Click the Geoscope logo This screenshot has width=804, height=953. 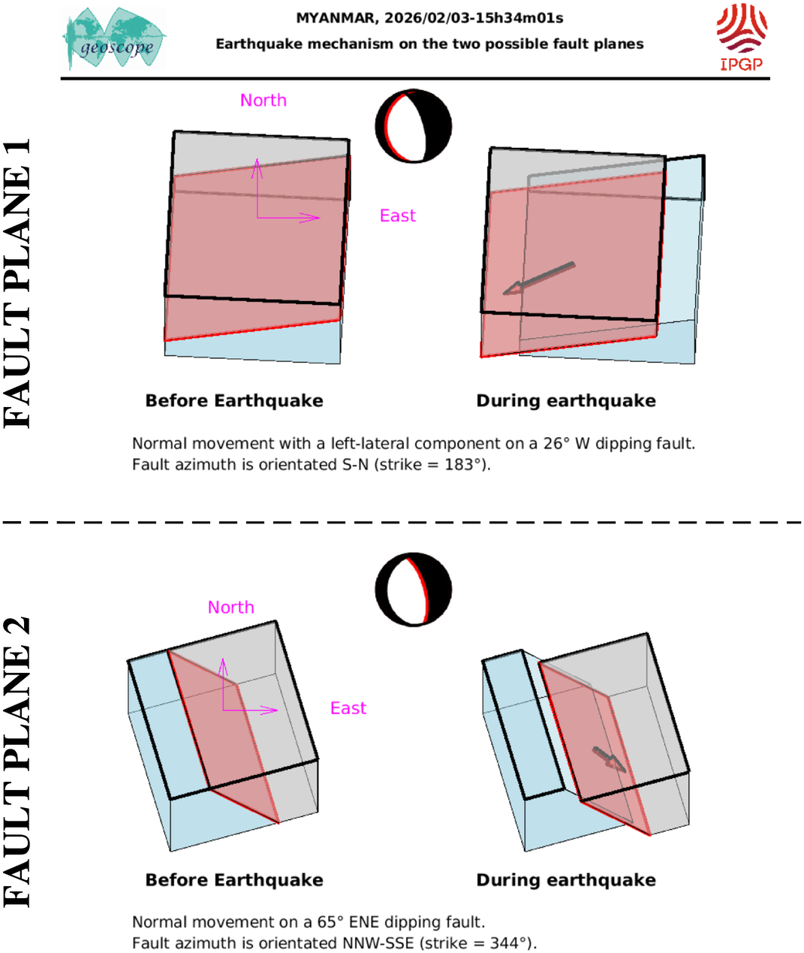click(x=114, y=39)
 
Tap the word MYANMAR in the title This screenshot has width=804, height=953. click(x=330, y=18)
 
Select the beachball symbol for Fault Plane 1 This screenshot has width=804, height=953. click(x=414, y=126)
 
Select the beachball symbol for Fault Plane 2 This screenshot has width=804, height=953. click(x=414, y=590)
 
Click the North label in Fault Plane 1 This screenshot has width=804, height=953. click(x=263, y=100)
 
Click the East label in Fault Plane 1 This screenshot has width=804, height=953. click(x=397, y=216)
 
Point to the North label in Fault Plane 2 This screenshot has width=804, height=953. click(x=230, y=607)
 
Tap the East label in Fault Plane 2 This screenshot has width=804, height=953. click(x=348, y=708)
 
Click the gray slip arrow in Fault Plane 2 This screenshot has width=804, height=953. click(x=609, y=759)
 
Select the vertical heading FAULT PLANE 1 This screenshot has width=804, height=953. click(x=18, y=283)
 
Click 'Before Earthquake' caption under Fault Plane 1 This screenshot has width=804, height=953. click(x=234, y=401)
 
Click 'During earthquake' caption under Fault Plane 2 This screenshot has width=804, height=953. click(x=566, y=880)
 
